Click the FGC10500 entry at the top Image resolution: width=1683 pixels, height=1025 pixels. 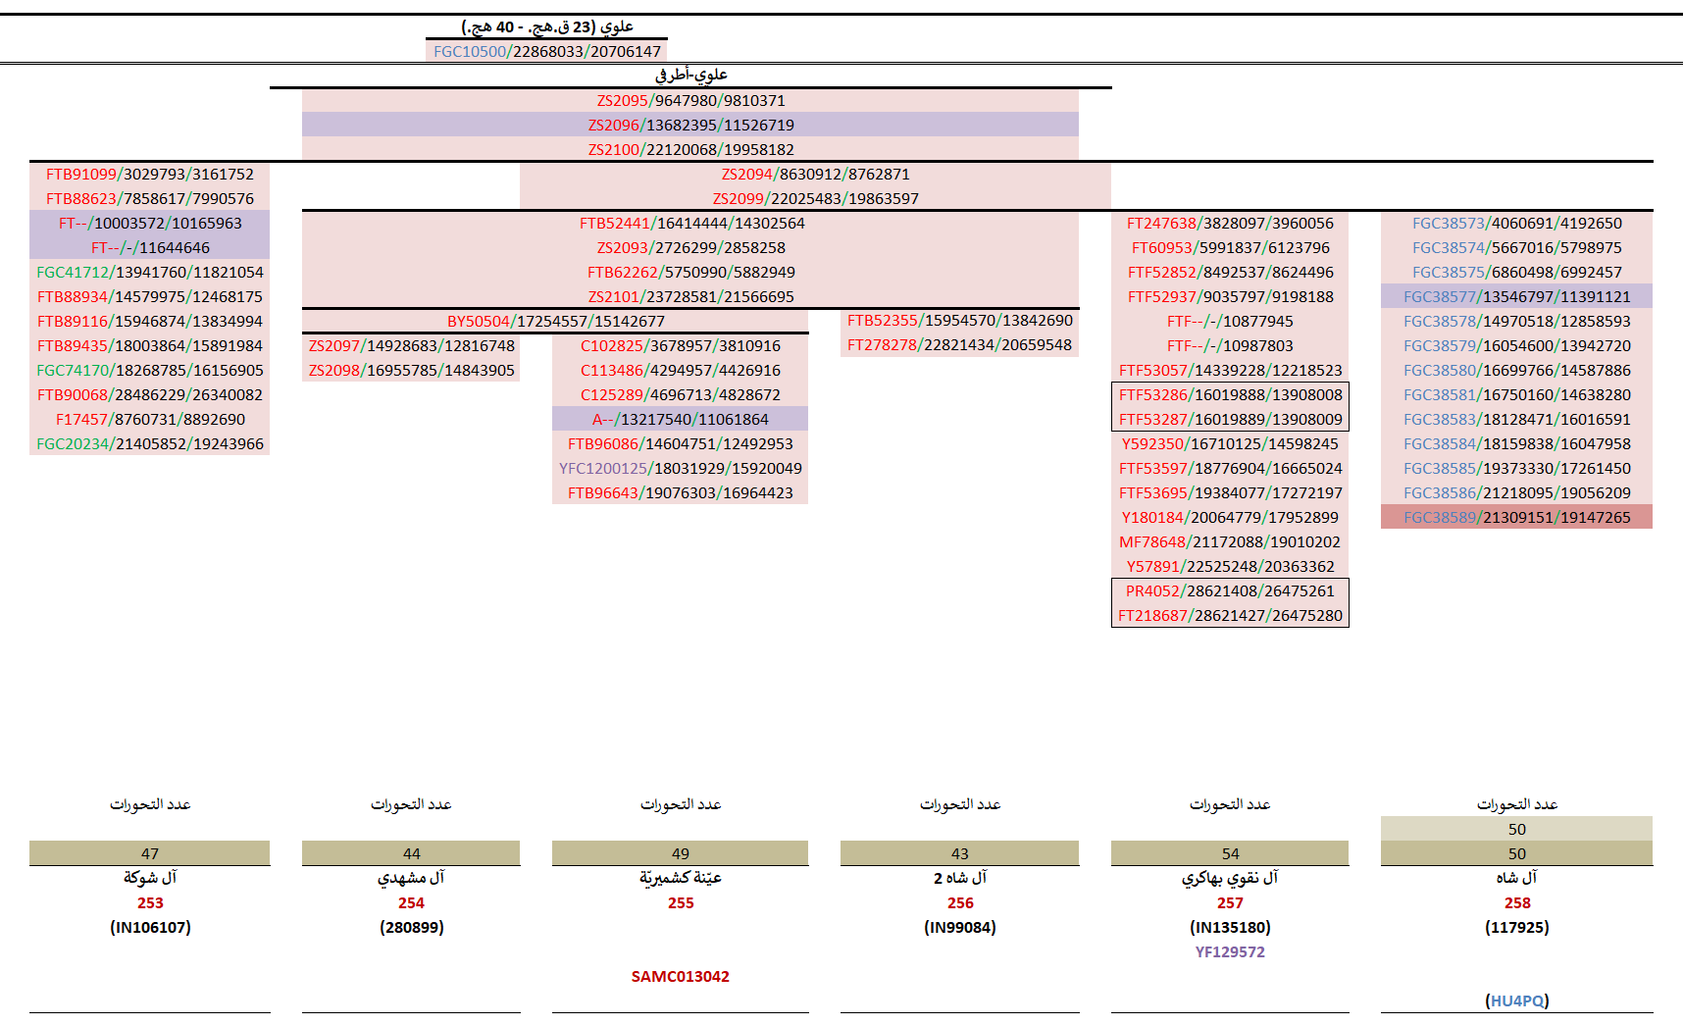(546, 52)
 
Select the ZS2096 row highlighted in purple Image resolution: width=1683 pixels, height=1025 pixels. (690, 126)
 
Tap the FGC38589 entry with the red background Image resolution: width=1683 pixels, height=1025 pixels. (1516, 518)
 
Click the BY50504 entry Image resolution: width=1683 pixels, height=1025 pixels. (555, 322)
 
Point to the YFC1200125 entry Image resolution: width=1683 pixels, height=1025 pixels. (680, 469)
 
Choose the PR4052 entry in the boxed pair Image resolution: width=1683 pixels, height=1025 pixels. (1229, 591)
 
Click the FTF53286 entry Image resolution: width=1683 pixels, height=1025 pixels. (1230, 395)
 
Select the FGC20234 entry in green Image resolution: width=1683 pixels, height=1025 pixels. (149, 444)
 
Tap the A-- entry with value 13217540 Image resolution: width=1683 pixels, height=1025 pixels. (680, 420)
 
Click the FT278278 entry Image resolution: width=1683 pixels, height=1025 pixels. (959, 345)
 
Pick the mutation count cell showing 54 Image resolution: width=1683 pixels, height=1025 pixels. (1230, 854)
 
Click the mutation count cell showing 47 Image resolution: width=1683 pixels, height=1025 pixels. (149, 854)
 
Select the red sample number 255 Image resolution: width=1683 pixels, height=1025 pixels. (681, 903)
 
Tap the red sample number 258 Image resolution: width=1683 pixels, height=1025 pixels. (1517, 903)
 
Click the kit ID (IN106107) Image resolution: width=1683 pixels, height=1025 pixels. (150, 928)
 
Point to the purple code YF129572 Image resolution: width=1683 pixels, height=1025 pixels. (1230, 952)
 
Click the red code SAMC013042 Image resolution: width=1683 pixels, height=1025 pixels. (681, 977)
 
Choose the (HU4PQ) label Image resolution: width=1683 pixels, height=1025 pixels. (1517, 1001)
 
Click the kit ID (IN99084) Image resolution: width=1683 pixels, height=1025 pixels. (960, 928)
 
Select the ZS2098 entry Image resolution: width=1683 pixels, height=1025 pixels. (411, 371)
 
